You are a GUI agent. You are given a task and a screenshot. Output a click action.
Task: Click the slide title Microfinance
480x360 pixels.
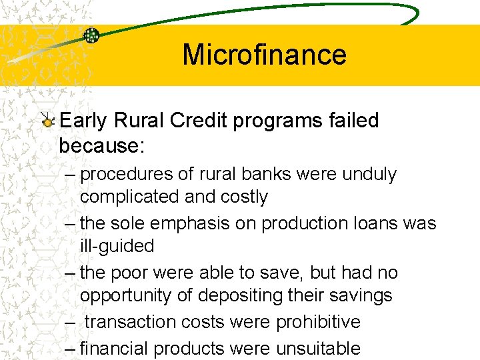pyautogui.click(x=264, y=55)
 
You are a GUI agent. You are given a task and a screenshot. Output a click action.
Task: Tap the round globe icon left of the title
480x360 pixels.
pyautogui.click(x=91, y=36)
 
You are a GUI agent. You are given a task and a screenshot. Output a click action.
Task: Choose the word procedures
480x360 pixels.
pyautogui.click(x=127, y=175)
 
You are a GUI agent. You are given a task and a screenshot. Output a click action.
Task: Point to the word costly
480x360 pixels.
pyautogui.click(x=241, y=197)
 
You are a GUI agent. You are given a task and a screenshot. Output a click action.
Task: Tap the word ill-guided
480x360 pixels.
pyautogui.click(x=117, y=246)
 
